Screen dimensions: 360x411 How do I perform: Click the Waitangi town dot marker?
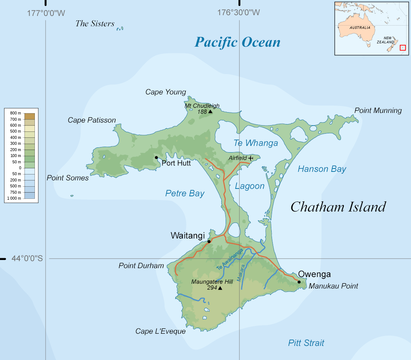209,241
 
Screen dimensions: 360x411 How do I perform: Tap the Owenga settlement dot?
299,282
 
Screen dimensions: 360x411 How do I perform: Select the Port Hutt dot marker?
156,158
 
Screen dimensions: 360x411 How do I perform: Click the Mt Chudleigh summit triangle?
210,111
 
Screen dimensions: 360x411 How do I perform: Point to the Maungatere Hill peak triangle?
220,288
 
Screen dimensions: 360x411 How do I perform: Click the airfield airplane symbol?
251,158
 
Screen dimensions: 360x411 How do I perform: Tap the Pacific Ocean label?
238,42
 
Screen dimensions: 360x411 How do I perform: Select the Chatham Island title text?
338,207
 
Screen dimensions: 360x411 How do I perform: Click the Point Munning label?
378,110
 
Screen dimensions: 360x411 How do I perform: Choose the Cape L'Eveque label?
160,331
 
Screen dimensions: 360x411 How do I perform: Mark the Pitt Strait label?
306,343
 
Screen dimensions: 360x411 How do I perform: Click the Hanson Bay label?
322,169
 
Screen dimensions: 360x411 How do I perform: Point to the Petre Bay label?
185,193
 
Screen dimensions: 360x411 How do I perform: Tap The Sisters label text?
95,24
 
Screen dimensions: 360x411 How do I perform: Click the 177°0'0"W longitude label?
46,13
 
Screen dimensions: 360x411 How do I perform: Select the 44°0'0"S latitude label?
27,259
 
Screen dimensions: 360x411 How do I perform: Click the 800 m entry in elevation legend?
16,113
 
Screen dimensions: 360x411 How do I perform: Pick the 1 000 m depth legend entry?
14,198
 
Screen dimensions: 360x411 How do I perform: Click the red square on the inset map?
403,48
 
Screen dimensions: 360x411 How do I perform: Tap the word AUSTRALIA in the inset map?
360,28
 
